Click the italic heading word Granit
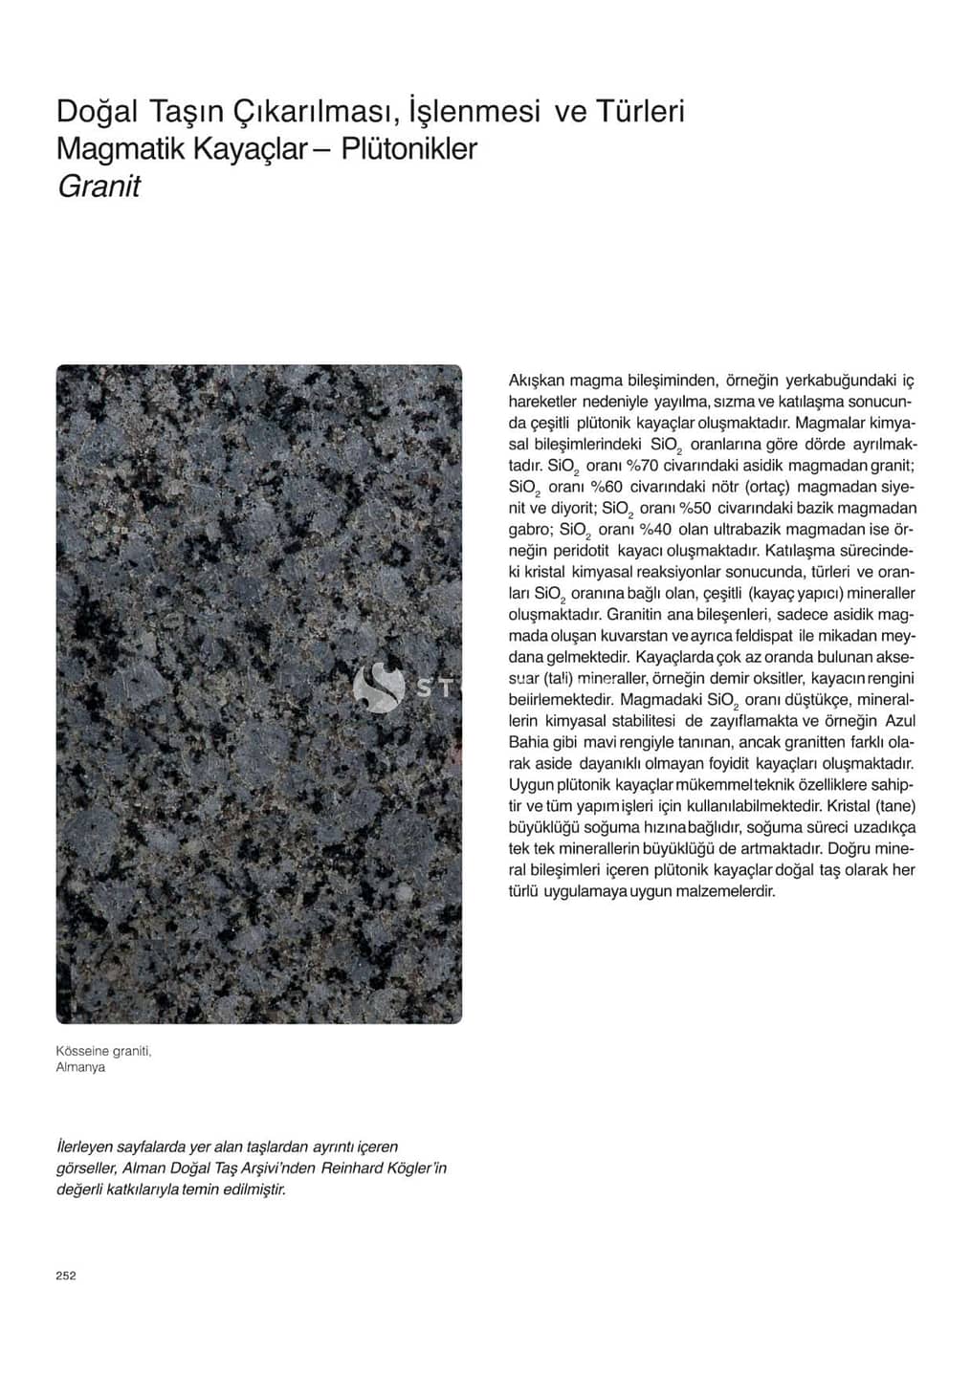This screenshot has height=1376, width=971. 99,186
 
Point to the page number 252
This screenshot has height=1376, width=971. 66,1276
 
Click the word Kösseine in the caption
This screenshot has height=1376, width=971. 82,1051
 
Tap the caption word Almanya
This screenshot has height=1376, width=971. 80,1067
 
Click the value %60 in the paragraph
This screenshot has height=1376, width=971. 605,487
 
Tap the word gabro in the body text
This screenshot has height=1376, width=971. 529,529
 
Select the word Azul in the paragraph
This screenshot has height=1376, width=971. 899,721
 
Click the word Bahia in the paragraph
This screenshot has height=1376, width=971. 529,742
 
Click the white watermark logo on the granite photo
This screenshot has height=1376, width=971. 379,687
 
